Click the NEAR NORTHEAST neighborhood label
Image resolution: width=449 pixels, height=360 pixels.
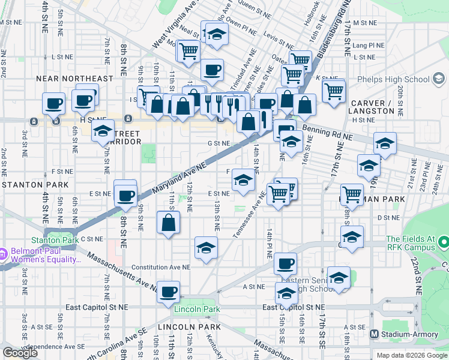(74, 79)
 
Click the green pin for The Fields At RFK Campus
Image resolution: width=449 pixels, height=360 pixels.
(444, 242)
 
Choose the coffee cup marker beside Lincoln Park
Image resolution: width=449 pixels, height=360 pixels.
(169, 292)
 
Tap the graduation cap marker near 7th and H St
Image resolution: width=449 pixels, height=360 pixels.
(103, 130)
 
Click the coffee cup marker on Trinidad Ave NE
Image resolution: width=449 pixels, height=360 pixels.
(211, 70)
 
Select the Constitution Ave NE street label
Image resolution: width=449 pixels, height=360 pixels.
(160, 267)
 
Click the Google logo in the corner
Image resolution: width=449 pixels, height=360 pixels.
(20, 353)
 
